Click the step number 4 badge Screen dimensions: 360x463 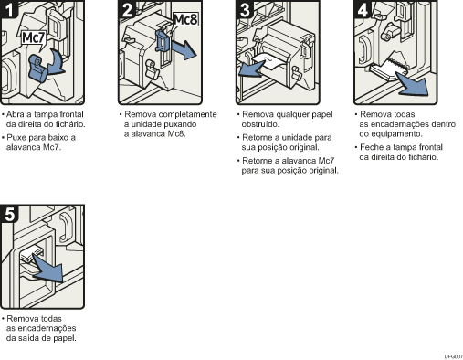click(x=362, y=11)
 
